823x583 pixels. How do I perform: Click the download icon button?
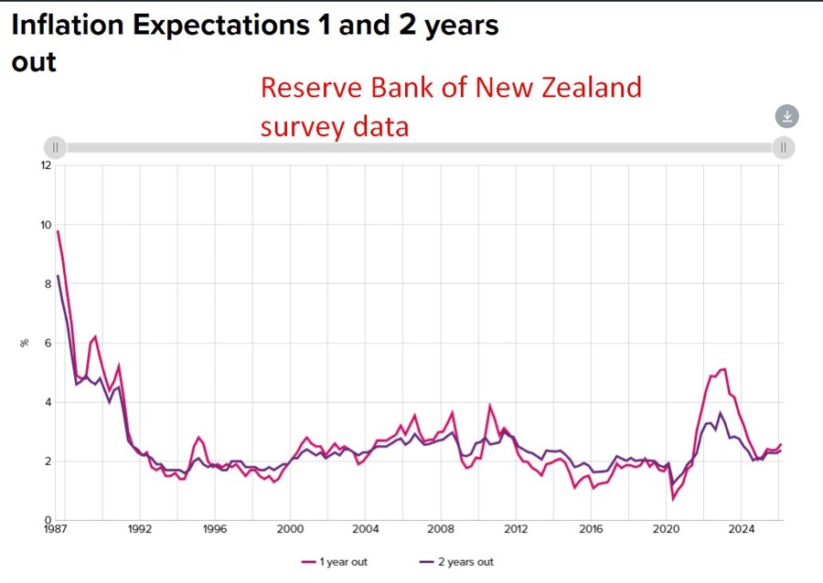tap(787, 116)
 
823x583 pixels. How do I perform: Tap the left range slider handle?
tap(55, 147)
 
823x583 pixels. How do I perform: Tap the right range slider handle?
tap(784, 147)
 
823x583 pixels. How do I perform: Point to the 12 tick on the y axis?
tap(46, 165)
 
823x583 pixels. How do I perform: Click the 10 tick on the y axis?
tap(46, 225)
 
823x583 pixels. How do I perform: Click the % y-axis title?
tap(26, 343)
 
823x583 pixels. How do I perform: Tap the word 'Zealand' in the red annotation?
tap(589, 89)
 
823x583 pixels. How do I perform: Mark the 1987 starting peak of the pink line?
tap(58, 230)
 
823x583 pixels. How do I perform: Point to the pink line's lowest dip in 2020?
tap(673, 499)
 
